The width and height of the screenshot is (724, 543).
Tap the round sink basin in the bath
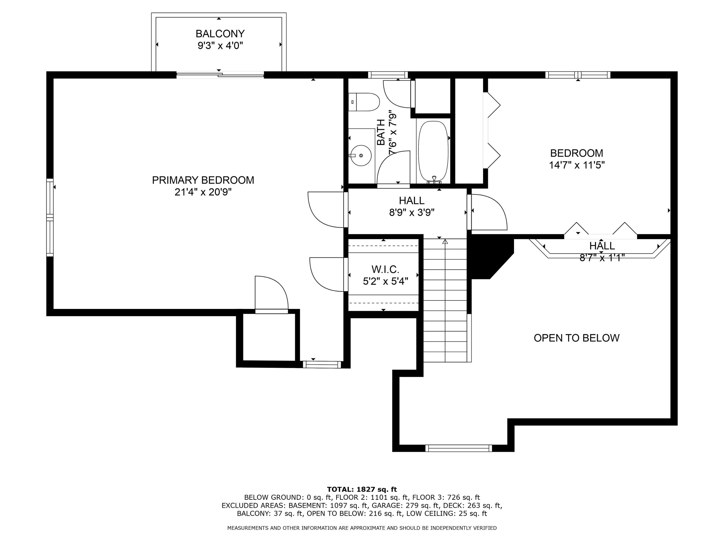361,155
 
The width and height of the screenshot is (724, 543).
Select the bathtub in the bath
433,152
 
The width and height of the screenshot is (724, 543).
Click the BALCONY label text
220,34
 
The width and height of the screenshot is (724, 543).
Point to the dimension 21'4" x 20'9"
203,192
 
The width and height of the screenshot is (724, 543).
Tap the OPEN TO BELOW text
576,338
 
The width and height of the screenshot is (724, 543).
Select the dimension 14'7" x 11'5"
576,165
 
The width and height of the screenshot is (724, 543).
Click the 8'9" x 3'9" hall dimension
411,213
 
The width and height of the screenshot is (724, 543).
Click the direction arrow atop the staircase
445,242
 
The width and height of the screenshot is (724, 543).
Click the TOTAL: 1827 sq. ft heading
362,489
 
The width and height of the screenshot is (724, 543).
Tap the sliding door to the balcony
220,75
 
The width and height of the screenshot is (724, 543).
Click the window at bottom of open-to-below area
458,448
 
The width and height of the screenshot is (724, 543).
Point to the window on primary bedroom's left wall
50,217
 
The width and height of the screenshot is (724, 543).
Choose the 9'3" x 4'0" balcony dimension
220,46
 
